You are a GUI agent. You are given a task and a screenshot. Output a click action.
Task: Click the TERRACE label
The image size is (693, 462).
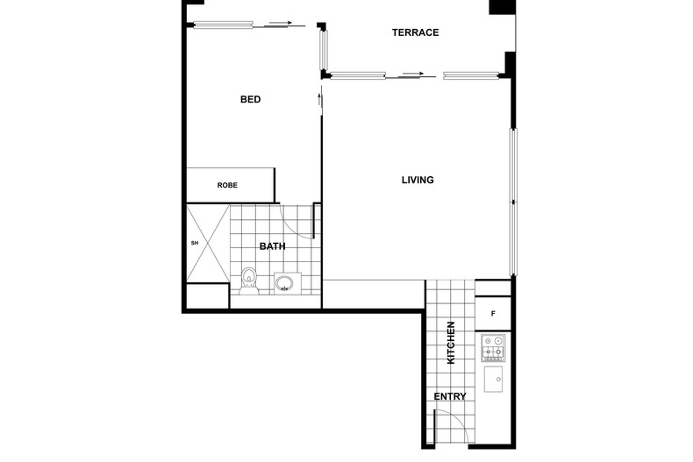pyautogui.click(x=415, y=32)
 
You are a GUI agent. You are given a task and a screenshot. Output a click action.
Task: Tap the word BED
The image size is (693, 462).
pyautogui.click(x=250, y=99)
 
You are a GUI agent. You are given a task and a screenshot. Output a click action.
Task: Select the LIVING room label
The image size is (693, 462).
pyautogui.click(x=418, y=180)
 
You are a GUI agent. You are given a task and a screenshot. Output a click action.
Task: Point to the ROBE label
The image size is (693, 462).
pyautogui.click(x=227, y=185)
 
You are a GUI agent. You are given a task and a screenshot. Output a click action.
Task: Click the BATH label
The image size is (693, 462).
pyautogui.click(x=272, y=246)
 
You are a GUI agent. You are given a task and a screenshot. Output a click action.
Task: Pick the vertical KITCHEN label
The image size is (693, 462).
pyautogui.click(x=450, y=343)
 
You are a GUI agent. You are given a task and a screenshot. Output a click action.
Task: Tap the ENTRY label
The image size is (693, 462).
pyautogui.click(x=449, y=396)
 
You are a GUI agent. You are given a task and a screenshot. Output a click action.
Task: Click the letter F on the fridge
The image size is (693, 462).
pyautogui.click(x=493, y=314)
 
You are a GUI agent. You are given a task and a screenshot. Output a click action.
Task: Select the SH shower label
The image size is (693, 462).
pyautogui.click(x=195, y=243)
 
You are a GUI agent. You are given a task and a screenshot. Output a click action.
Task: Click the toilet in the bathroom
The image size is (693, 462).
pyautogui.click(x=249, y=281)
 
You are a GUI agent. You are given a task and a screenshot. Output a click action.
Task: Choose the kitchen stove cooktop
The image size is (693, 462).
pyautogui.click(x=493, y=348)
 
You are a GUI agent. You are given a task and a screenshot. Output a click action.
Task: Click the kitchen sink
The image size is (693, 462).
pyautogui.click(x=493, y=379)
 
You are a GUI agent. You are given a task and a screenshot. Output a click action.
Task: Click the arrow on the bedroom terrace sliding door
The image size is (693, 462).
pyautogui.click(x=281, y=23)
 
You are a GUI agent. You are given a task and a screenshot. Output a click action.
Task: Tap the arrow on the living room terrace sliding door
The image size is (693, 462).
pyautogui.click(x=413, y=74)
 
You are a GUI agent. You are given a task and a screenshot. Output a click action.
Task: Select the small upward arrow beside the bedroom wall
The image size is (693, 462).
pyautogui.click(x=319, y=98)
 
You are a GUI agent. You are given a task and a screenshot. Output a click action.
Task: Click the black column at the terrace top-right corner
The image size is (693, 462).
pyautogui.click(x=502, y=8)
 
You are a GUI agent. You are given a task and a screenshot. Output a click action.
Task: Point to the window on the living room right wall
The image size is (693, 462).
pyautogui.click(x=513, y=202)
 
